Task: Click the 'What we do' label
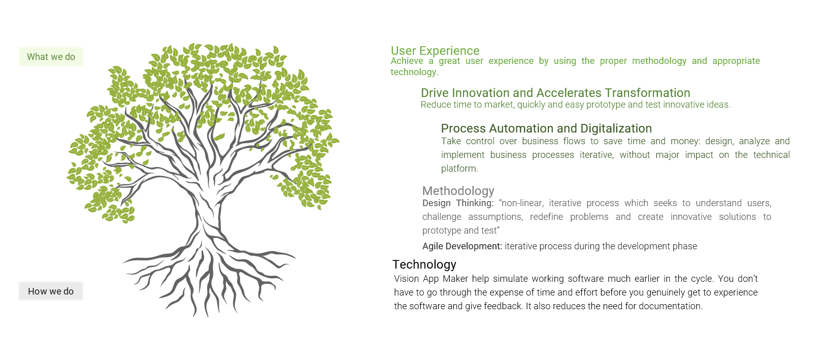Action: (51, 57)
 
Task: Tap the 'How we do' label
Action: (51, 291)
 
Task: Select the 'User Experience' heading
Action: (435, 50)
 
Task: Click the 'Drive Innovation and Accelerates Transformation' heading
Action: (555, 92)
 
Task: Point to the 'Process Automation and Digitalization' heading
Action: (546, 128)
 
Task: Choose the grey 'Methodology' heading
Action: (458, 190)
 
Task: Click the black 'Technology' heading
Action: (424, 264)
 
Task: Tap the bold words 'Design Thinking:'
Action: (458, 203)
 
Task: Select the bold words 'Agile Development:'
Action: (462, 246)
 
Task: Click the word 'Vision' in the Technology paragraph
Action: (406, 279)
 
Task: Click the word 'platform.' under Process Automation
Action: (459, 169)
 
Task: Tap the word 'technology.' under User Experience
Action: (414, 72)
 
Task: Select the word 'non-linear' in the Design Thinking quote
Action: (522, 203)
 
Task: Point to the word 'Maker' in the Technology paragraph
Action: (455, 279)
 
